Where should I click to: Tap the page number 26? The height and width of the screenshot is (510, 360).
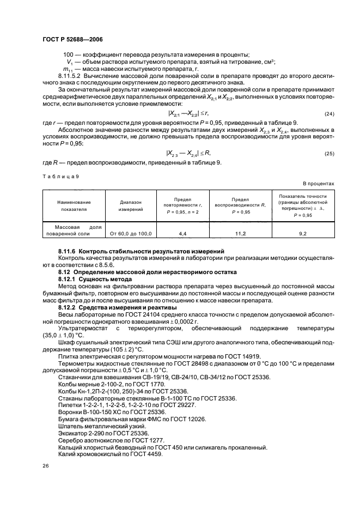[x=46, y=466]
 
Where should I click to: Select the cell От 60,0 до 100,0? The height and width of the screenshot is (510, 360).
[x=131, y=233]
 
